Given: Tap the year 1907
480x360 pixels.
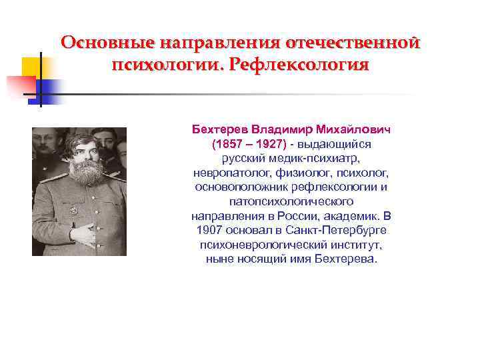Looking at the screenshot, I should click(213, 231).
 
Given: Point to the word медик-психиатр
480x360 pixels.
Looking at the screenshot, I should click(316, 158).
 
